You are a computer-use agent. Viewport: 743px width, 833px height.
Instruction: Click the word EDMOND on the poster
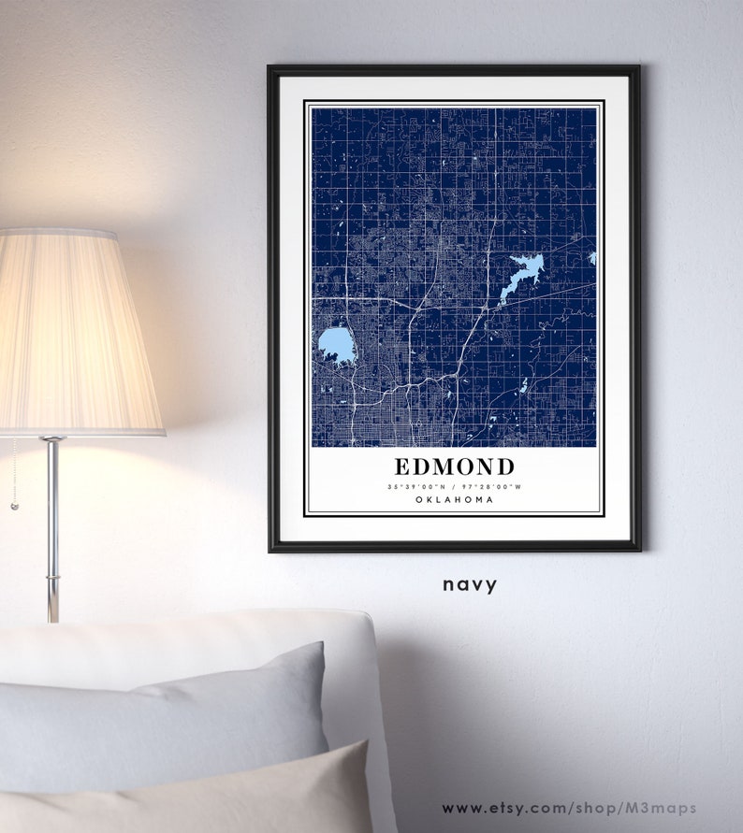tap(454, 467)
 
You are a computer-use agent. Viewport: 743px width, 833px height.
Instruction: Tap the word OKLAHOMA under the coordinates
tap(454, 500)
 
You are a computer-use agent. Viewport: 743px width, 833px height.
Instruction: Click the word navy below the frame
tap(470, 585)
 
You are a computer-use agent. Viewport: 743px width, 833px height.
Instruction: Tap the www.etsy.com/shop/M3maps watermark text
tap(569, 808)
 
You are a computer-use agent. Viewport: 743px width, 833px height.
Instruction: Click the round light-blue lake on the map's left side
tap(336, 345)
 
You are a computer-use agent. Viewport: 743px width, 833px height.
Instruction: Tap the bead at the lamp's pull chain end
tap(14, 506)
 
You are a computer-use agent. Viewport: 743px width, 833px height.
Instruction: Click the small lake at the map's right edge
tap(592, 257)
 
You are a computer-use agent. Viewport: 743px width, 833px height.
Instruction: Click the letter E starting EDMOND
tap(401, 467)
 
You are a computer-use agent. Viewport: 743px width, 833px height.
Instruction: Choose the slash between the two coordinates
tap(455, 486)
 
